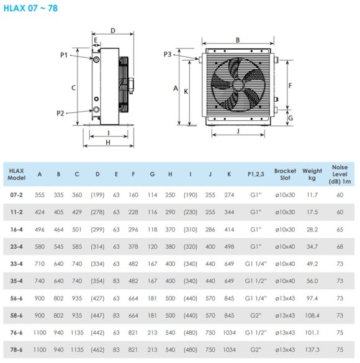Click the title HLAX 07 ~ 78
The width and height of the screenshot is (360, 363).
[x=30, y=8]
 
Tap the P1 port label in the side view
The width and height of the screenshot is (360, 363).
[x=64, y=55]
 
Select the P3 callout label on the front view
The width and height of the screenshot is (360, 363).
[x=168, y=55]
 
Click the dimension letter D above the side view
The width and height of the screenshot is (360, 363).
[x=113, y=30]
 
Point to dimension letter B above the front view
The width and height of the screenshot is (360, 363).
[x=238, y=40]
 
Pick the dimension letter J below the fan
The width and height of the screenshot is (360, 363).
[x=238, y=131]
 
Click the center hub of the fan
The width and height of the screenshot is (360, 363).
[x=238, y=85]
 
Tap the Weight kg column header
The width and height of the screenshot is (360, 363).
[x=312, y=174]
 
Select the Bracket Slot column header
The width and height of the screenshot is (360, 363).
[x=285, y=174]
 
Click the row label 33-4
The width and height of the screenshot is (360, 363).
[x=16, y=264]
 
